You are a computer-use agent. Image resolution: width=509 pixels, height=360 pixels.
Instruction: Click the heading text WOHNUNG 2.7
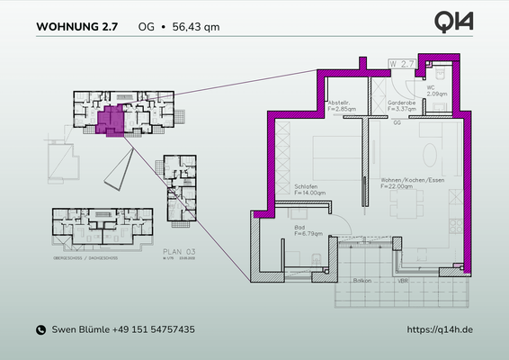click(x=76, y=27)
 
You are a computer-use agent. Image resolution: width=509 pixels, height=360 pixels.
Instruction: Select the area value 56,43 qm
click(x=196, y=27)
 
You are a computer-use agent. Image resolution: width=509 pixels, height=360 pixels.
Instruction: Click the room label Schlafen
click(x=306, y=186)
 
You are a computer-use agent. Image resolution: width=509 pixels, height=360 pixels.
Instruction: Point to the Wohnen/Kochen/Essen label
click(x=414, y=179)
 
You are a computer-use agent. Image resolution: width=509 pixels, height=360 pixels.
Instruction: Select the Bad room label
click(x=300, y=229)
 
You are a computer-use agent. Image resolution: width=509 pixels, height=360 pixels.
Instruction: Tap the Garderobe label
click(x=400, y=103)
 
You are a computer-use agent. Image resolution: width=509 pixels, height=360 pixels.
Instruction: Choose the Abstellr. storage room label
click(x=339, y=103)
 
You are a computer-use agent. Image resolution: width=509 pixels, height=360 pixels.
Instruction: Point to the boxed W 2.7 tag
click(x=401, y=65)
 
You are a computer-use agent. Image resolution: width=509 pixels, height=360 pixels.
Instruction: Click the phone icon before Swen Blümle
click(x=40, y=330)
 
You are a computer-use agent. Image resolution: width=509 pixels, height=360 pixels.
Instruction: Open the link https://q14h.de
click(x=440, y=330)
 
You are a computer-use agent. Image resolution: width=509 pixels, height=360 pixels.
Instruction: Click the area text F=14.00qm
click(x=308, y=193)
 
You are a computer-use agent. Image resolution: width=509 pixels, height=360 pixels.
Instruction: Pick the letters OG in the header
click(x=145, y=27)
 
